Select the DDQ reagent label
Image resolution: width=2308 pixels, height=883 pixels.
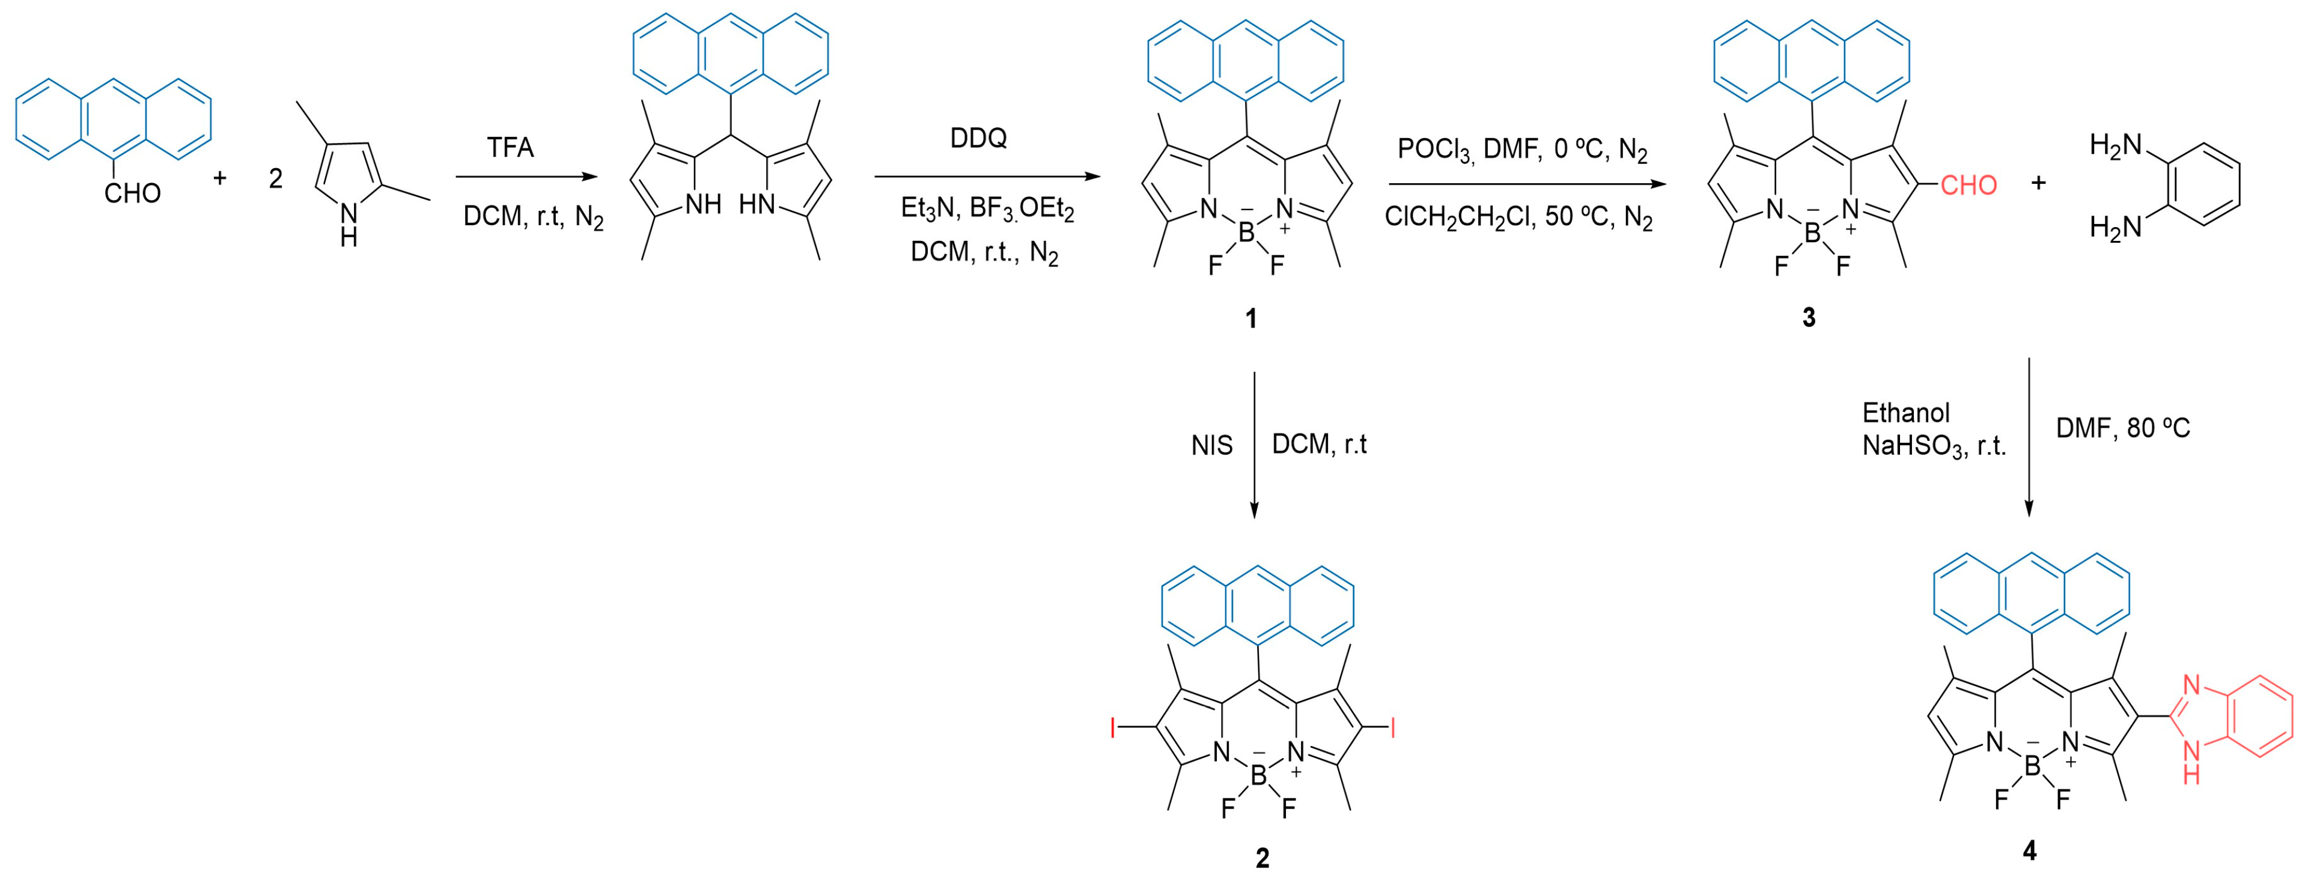pos(978,138)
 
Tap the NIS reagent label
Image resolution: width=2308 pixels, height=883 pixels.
pos(1211,446)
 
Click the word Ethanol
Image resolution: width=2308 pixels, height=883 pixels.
pos(1906,413)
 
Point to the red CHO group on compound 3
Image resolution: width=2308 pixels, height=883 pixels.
pos(1968,186)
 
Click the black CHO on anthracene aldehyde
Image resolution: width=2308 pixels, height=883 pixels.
pos(133,193)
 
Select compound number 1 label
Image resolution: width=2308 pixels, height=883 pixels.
pos(1251,318)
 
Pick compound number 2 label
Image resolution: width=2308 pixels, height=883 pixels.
pos(1262,858)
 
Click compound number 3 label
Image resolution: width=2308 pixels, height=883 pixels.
pos(1809,318)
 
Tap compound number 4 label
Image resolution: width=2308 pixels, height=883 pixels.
pos(2029,851)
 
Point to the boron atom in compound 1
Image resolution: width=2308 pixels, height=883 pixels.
pos(1246,234)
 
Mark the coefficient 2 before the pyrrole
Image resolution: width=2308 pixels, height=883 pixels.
pos(276,179)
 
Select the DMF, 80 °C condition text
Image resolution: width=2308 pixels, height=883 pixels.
pos(2122,429)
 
